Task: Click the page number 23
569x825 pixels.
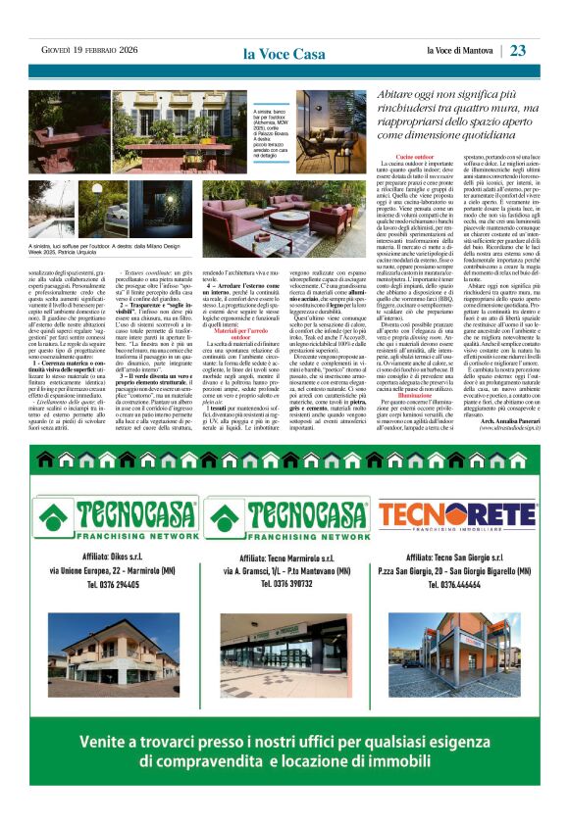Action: (x=545, y=50)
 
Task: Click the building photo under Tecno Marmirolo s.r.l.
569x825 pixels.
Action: (x=284, y=644)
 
